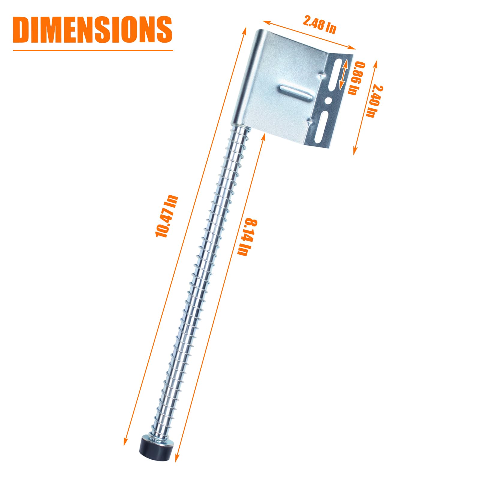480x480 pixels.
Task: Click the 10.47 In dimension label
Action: (x=167, y=216)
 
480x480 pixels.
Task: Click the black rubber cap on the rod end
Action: (x=155, y=455)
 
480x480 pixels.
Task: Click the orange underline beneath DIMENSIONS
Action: (x=93, y=50)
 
